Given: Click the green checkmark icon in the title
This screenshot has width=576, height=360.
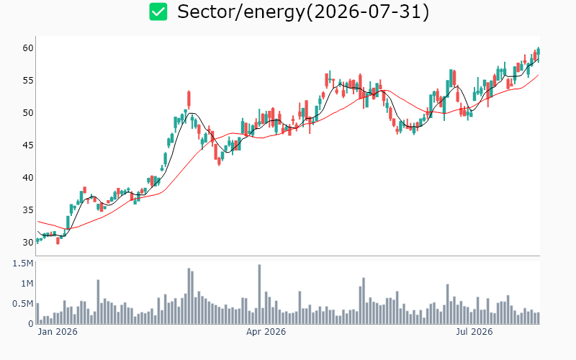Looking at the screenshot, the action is (x=158, y=12).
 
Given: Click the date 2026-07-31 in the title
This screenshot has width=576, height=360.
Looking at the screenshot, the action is (x=367, y=12).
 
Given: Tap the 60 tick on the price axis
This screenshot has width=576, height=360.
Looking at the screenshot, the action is (x=28, y=48).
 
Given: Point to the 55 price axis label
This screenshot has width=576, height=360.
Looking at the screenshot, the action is (x=28, y=80).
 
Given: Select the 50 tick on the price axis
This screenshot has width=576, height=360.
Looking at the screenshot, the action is (x=28, y=112).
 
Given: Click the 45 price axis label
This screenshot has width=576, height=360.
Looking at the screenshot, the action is (x=28, y=145).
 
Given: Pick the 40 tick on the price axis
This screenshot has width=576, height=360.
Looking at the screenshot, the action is (x=28, y=177).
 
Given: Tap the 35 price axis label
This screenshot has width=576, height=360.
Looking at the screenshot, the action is (x=28, y=210).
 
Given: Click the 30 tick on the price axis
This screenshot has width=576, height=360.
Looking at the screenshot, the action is (x=28, y=242).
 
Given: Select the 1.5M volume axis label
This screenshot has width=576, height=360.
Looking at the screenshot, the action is (x=23, y=264).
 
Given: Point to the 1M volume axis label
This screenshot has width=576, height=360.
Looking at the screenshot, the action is (x=27, y=284).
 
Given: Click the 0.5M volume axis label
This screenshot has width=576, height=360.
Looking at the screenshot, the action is (x=23, y=304).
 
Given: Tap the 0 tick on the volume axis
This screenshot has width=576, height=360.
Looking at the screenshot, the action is (x=31, y=324).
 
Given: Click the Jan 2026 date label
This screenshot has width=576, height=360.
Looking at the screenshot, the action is (x=58, y=332).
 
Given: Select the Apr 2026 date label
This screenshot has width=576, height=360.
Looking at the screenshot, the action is (x=266, y=332).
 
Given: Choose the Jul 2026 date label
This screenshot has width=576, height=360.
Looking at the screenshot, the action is (x=474, y=332).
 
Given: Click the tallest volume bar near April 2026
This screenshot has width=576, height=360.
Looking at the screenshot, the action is (x=259, y=294).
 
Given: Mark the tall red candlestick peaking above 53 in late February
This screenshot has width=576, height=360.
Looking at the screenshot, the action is (x=189, y=99).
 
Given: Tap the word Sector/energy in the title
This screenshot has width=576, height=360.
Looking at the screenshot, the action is (x=241, y=12).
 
